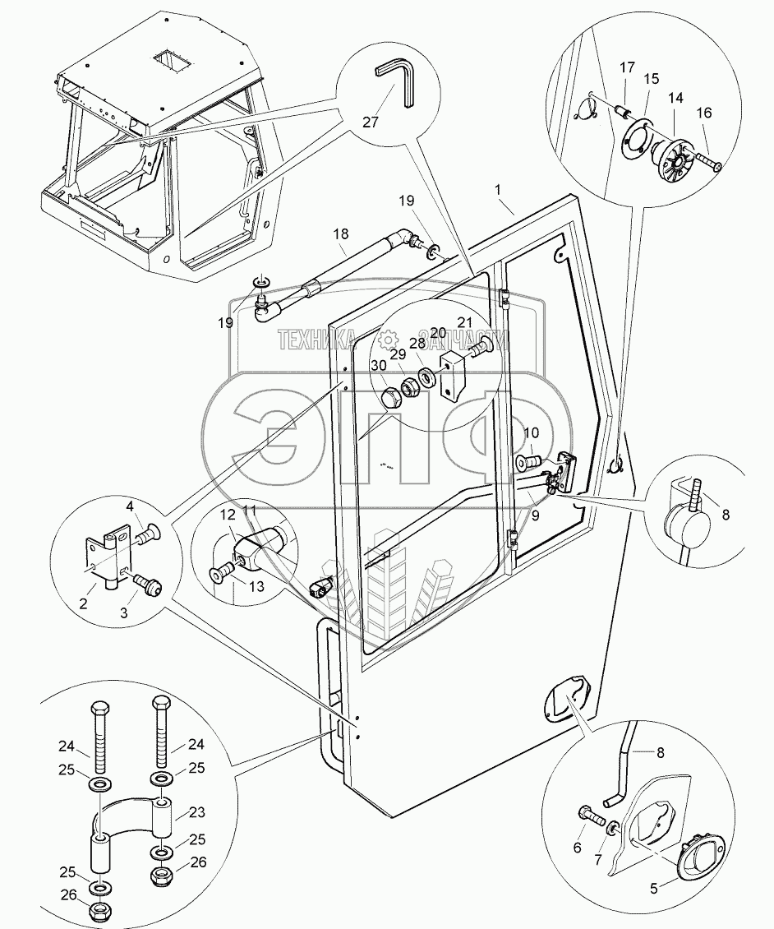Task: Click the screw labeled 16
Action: point(709,162)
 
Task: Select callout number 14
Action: point(676,97)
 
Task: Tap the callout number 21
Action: point(464,321)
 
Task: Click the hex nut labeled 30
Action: point(393,399)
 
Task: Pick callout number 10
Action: point(530,432)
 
